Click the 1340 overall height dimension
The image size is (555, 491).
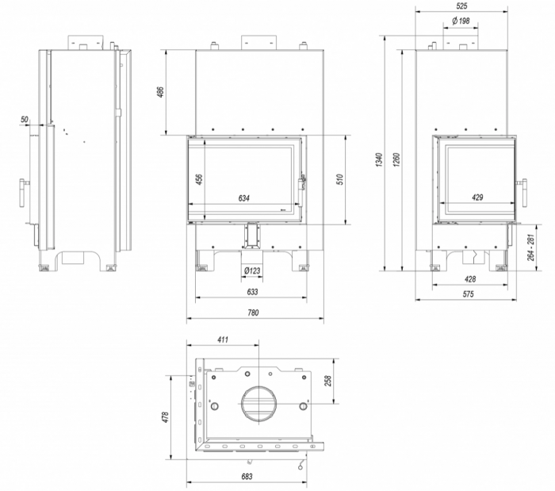(379, 160)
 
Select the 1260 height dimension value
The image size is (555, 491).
(396, 160)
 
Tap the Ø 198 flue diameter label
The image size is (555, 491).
(461, 21)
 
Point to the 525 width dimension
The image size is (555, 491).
(462, 6)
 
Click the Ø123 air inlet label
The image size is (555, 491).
(252, 270)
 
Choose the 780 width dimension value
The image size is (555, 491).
(253, 313)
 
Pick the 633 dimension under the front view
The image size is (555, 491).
(252, 292)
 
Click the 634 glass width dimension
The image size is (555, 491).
(243, 198)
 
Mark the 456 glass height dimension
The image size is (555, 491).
(199, 179)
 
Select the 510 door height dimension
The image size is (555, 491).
(340, 180)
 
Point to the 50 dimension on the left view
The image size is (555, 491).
(24, 119)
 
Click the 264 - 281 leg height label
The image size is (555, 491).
(530, 247)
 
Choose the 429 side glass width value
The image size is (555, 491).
(477, 198)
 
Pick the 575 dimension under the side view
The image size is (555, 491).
(468, 293)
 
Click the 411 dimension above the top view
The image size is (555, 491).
(223, 339)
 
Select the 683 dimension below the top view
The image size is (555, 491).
(247, 477)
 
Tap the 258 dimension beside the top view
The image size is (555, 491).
(328, 381)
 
